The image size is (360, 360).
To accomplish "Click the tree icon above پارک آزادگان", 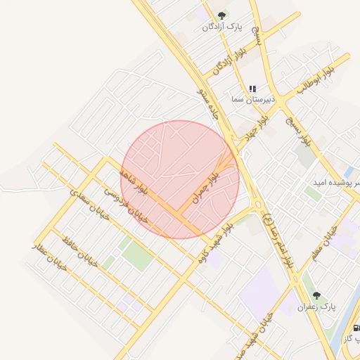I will [x=222, y=15].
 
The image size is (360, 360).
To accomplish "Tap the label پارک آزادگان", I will [x=222, y=27].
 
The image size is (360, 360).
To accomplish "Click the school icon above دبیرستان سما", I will [x=252, y=89].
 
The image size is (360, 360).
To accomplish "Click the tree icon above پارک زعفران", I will [x=316, y=296].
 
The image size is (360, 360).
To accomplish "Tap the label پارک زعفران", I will [x=316, y=307].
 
